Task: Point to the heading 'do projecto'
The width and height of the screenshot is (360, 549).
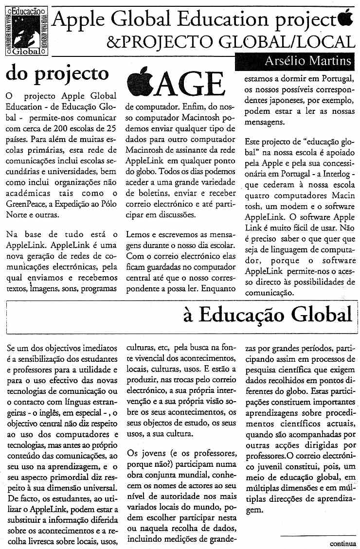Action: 57,73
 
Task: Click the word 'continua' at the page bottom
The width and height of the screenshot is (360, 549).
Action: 343,544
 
